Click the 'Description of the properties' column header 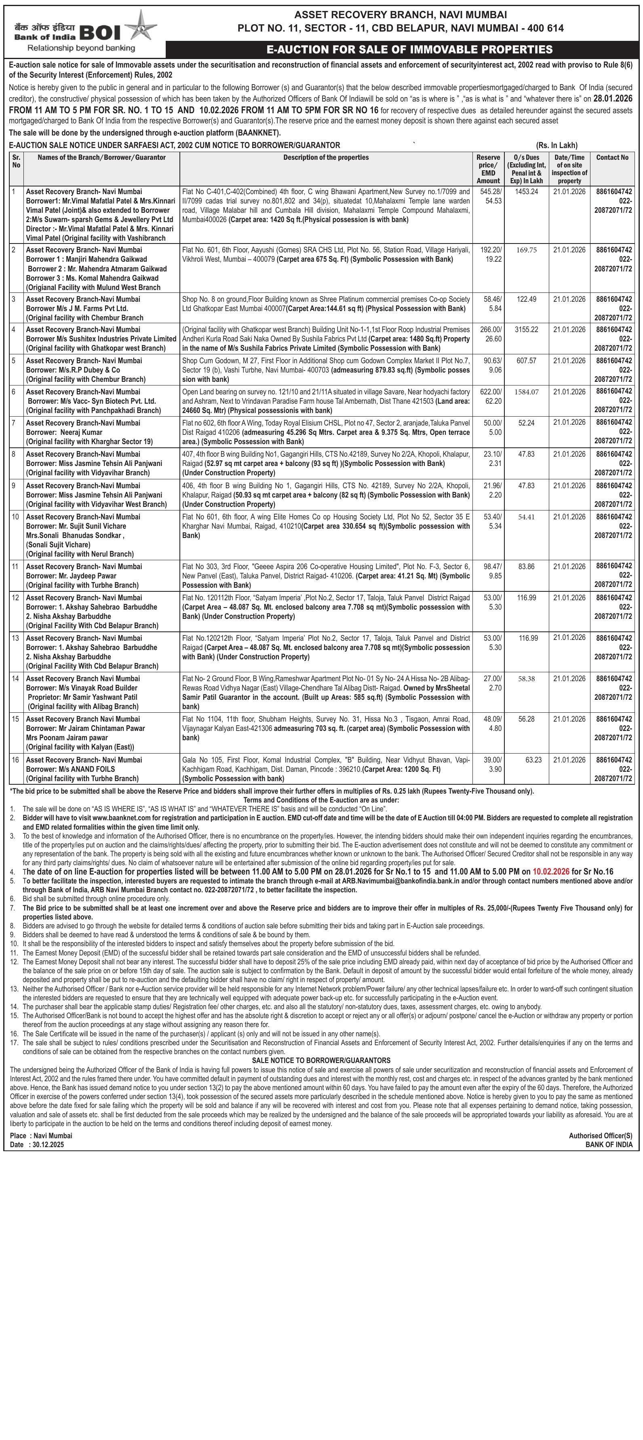326,158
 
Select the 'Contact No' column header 612,158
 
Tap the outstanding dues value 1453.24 526,192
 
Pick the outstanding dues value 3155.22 526,330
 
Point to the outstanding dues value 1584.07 526,392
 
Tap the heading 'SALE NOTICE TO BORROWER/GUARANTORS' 321,1061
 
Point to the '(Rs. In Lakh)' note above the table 557,145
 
